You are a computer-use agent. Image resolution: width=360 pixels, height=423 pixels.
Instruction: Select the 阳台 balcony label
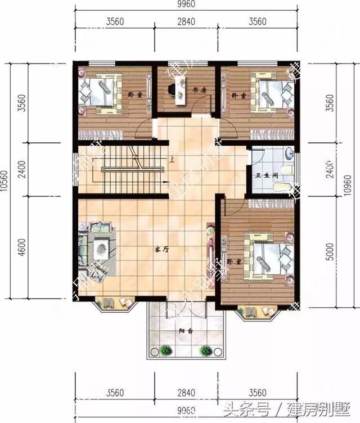click(186, 331)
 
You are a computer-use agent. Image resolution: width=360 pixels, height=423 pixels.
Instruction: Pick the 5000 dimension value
click(337, 253)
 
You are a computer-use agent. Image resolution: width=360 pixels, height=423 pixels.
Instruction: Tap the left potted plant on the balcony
click(165, 350)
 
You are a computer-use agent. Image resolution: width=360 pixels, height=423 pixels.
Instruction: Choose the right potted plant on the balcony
click(206, 350)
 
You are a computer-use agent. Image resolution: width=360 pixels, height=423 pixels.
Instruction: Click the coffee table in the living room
click(102, 245)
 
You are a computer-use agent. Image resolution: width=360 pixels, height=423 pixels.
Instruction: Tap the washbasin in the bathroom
click(288, 152)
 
